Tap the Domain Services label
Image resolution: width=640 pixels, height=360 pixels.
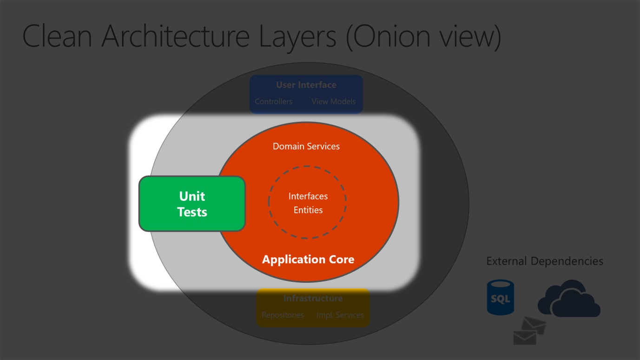pyautogui.click(x=306, y=147)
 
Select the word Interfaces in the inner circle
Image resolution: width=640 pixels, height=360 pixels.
pyautogui.click(x=308, y=196)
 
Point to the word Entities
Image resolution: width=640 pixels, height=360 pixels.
pyautogui.click(x=308, y=210)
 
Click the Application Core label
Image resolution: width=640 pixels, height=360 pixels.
pyautogui.click(x=308, y=260)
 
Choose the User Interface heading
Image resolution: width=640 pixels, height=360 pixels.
pyautogui.click(x=306, y=85)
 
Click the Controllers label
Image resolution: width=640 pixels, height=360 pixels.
pyautogui.click(x=273, y=101)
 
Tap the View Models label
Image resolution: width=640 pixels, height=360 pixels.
pyautogui.click(x=333, y=101)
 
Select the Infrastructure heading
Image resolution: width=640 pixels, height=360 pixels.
pyautogui.click(x=313, y=299)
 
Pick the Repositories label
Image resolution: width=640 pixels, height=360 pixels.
pyautogui.click(x=283, y=315)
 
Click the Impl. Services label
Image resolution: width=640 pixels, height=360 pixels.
pyautogui.click(x=340, y=315)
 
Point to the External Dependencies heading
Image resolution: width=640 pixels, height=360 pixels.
pyautogui.click(x=544, y=261)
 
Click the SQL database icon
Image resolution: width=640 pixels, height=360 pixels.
pyautogui.click(x=500, y=297)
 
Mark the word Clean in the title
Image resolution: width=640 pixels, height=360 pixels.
pyautogui.click(x=57, y=36)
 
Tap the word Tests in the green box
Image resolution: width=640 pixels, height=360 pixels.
pyautogui.click(x=192, y=212)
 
